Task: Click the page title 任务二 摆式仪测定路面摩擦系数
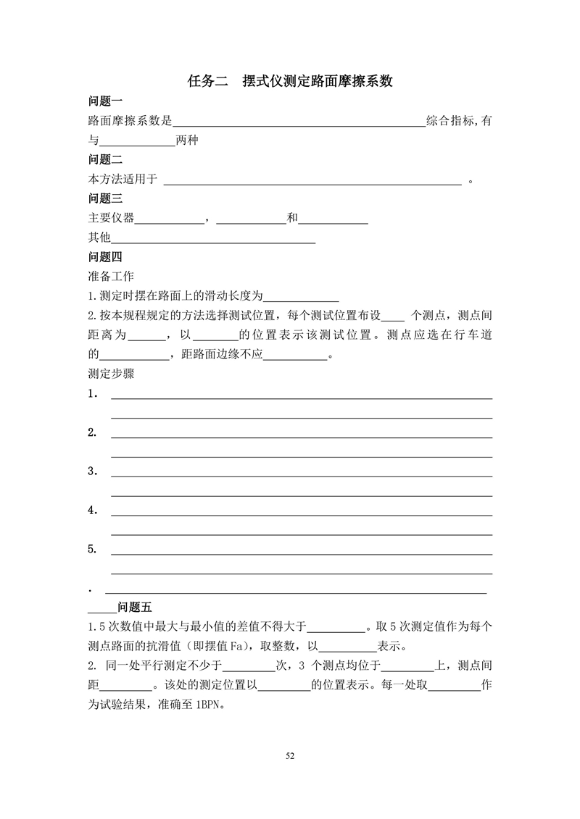coord(290,81)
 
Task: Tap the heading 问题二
coord(105,159)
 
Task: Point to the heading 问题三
coord(105,198)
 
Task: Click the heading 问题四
coord(105,256)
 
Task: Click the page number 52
coord(290,756)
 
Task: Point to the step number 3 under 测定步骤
coord(92,471)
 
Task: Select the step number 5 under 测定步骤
coord(92,549)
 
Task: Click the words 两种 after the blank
coord(187,140)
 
